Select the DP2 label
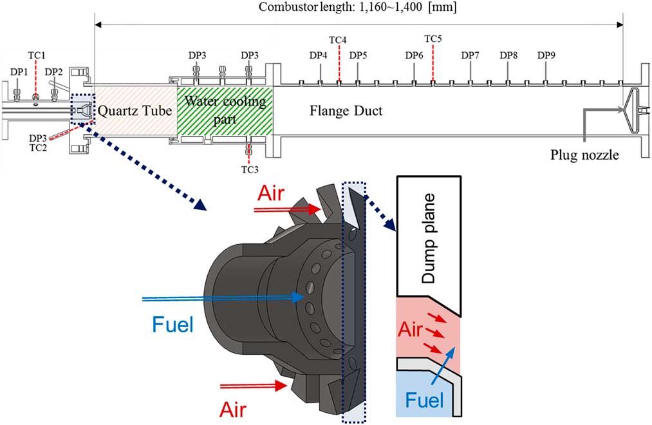point(54,71)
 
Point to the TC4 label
point(338,40)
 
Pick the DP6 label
point(414,55)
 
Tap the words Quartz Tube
point(135,111)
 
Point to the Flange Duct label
point(346,111)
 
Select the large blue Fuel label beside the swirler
point(172,323)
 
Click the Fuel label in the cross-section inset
point(425,401)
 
